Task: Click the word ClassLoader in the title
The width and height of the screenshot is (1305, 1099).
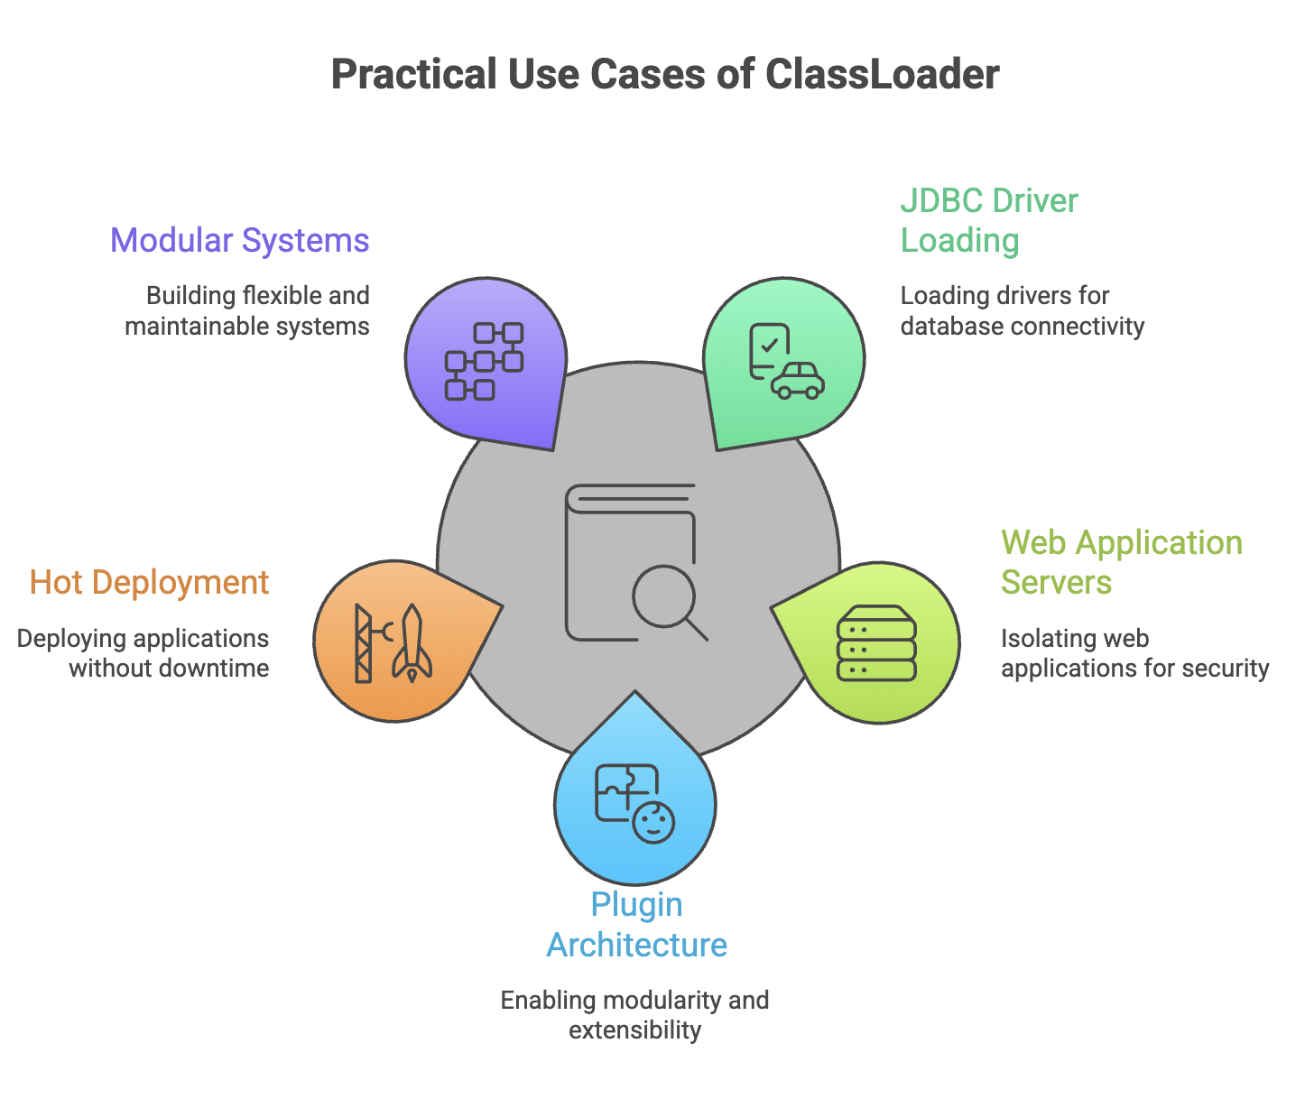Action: pyautogui.click(x=882, y=74)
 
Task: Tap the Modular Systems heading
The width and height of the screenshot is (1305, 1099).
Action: pyautogui.click(x=240, y=241)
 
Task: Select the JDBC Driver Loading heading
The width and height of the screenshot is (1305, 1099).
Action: pyautogui.click(x=989, y=220)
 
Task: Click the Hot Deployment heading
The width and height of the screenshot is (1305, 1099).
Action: pyautogui.click(x=150, y=582)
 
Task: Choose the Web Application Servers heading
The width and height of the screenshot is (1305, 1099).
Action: pyautogui.click(x=1122, y=562)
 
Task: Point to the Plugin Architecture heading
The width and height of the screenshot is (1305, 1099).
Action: pyautogui.click(x=637, y=925)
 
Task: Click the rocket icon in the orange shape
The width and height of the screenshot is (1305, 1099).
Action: pyautogui.click(x=412, y=642)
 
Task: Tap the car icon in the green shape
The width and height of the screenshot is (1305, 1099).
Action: pyautogui.click(x=798, y=381)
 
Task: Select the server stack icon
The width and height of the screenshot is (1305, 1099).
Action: pyautogui.click(x=876, y=643)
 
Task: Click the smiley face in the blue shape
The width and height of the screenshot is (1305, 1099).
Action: pyautogui.click(x=653, y=823)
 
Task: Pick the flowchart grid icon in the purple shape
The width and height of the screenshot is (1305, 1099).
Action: pyautogui.click(x=484, y=361)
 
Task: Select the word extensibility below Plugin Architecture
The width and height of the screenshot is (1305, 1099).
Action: pyautogui.click(x=635, y=1030)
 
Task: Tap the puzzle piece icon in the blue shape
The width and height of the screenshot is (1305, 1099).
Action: pyautogui.click(x=625, y=791)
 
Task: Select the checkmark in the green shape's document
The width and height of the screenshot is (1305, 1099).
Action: pyautogui.click(x=770, y=345)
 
